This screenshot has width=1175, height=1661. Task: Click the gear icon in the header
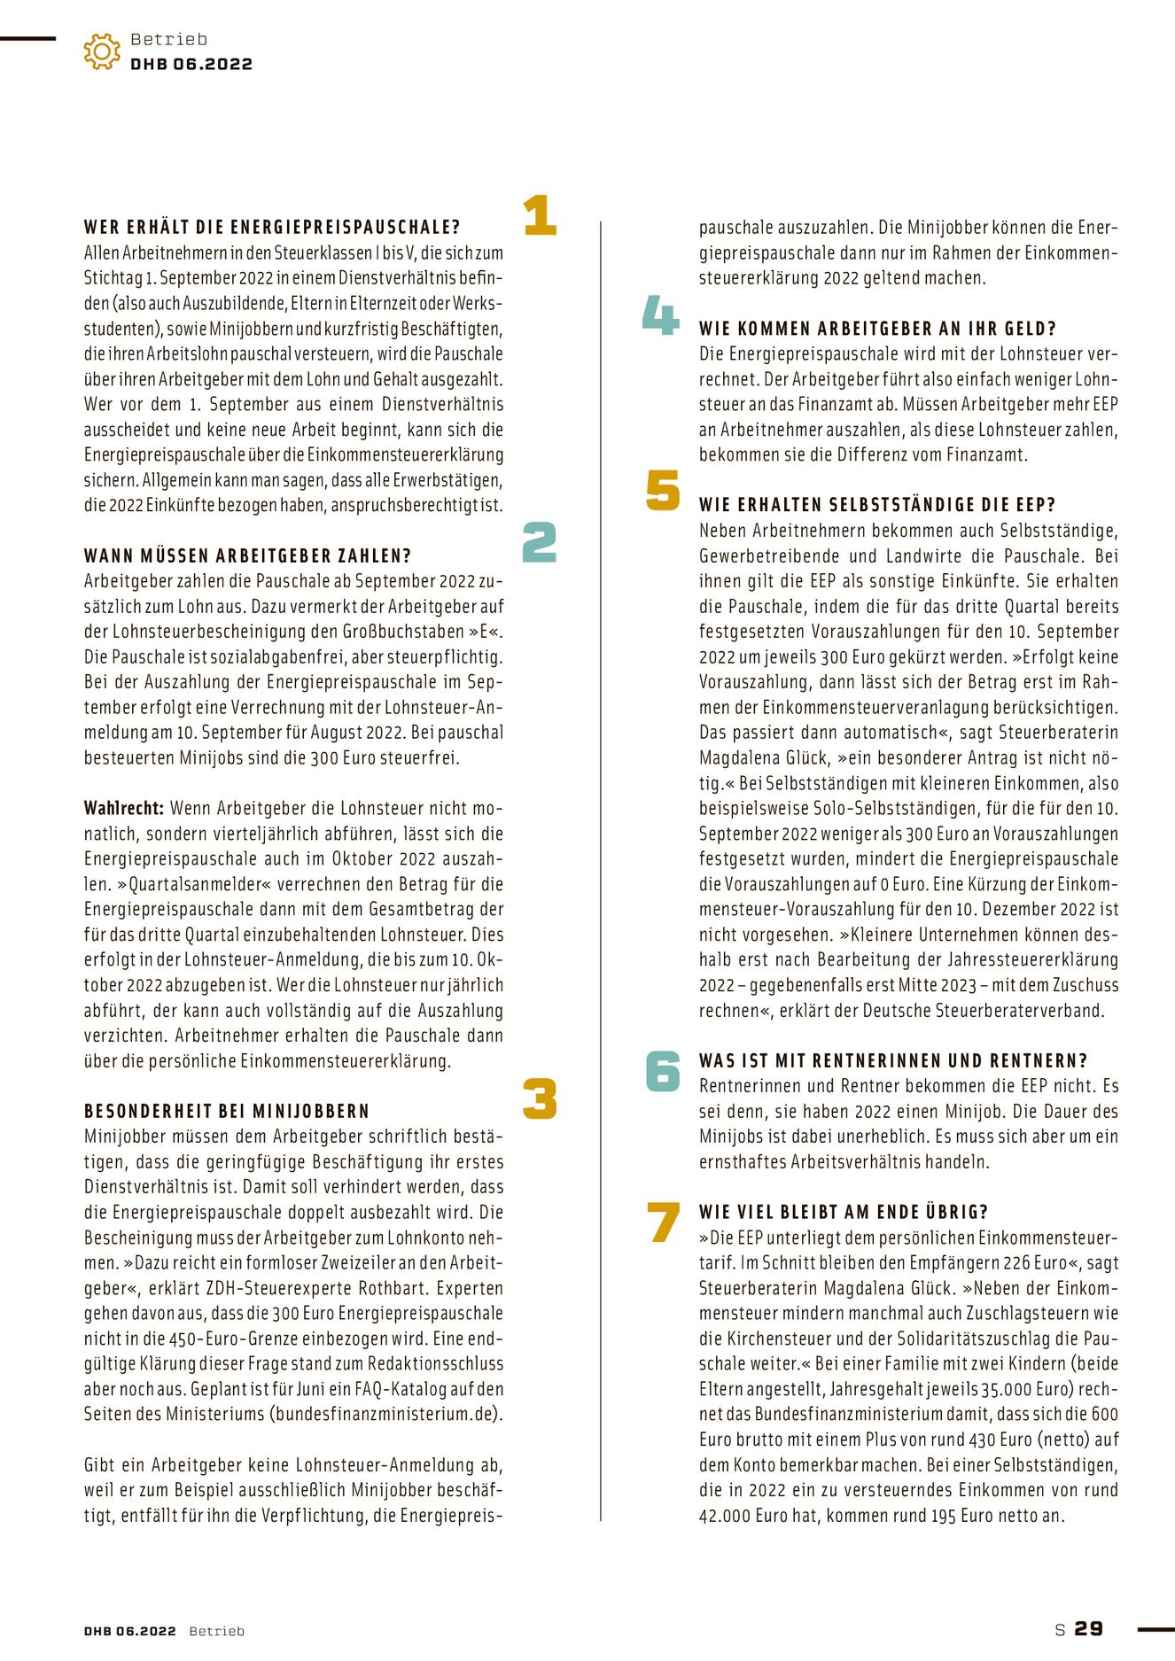tap(102, 52)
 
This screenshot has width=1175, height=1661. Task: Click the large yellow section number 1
tap(540, 215)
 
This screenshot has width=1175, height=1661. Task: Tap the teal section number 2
tap(540, 542)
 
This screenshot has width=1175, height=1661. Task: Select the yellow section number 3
tap(540, 1098)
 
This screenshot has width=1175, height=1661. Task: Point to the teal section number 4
tap(661, 315)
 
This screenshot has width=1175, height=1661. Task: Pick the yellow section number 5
tap(663, 491)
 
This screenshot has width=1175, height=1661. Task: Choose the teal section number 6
tap(663, 1071)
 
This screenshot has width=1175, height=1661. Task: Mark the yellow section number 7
tap(664, 1222)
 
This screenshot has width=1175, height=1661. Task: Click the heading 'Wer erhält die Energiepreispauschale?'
tap(272, 228)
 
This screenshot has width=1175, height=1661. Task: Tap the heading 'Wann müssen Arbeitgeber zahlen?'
tap(248, 556)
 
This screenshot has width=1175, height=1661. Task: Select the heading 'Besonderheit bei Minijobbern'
tap(227, 1112)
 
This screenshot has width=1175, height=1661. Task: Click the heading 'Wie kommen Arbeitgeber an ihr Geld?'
tap(877, 329)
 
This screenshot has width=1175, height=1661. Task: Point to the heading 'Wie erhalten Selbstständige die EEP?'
tap(877, 505)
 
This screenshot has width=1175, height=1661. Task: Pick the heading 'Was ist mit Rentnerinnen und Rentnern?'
tap(893, 1061)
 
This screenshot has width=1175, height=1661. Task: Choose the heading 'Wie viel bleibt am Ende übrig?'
tap(844, 1213)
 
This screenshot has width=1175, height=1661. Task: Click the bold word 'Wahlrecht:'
tap(124, 809)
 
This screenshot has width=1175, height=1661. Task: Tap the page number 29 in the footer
tap(1089, 1629)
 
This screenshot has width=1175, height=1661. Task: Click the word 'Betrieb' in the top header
tap(169, 40)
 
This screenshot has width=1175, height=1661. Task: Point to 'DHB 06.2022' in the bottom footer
tap(130, 1631)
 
